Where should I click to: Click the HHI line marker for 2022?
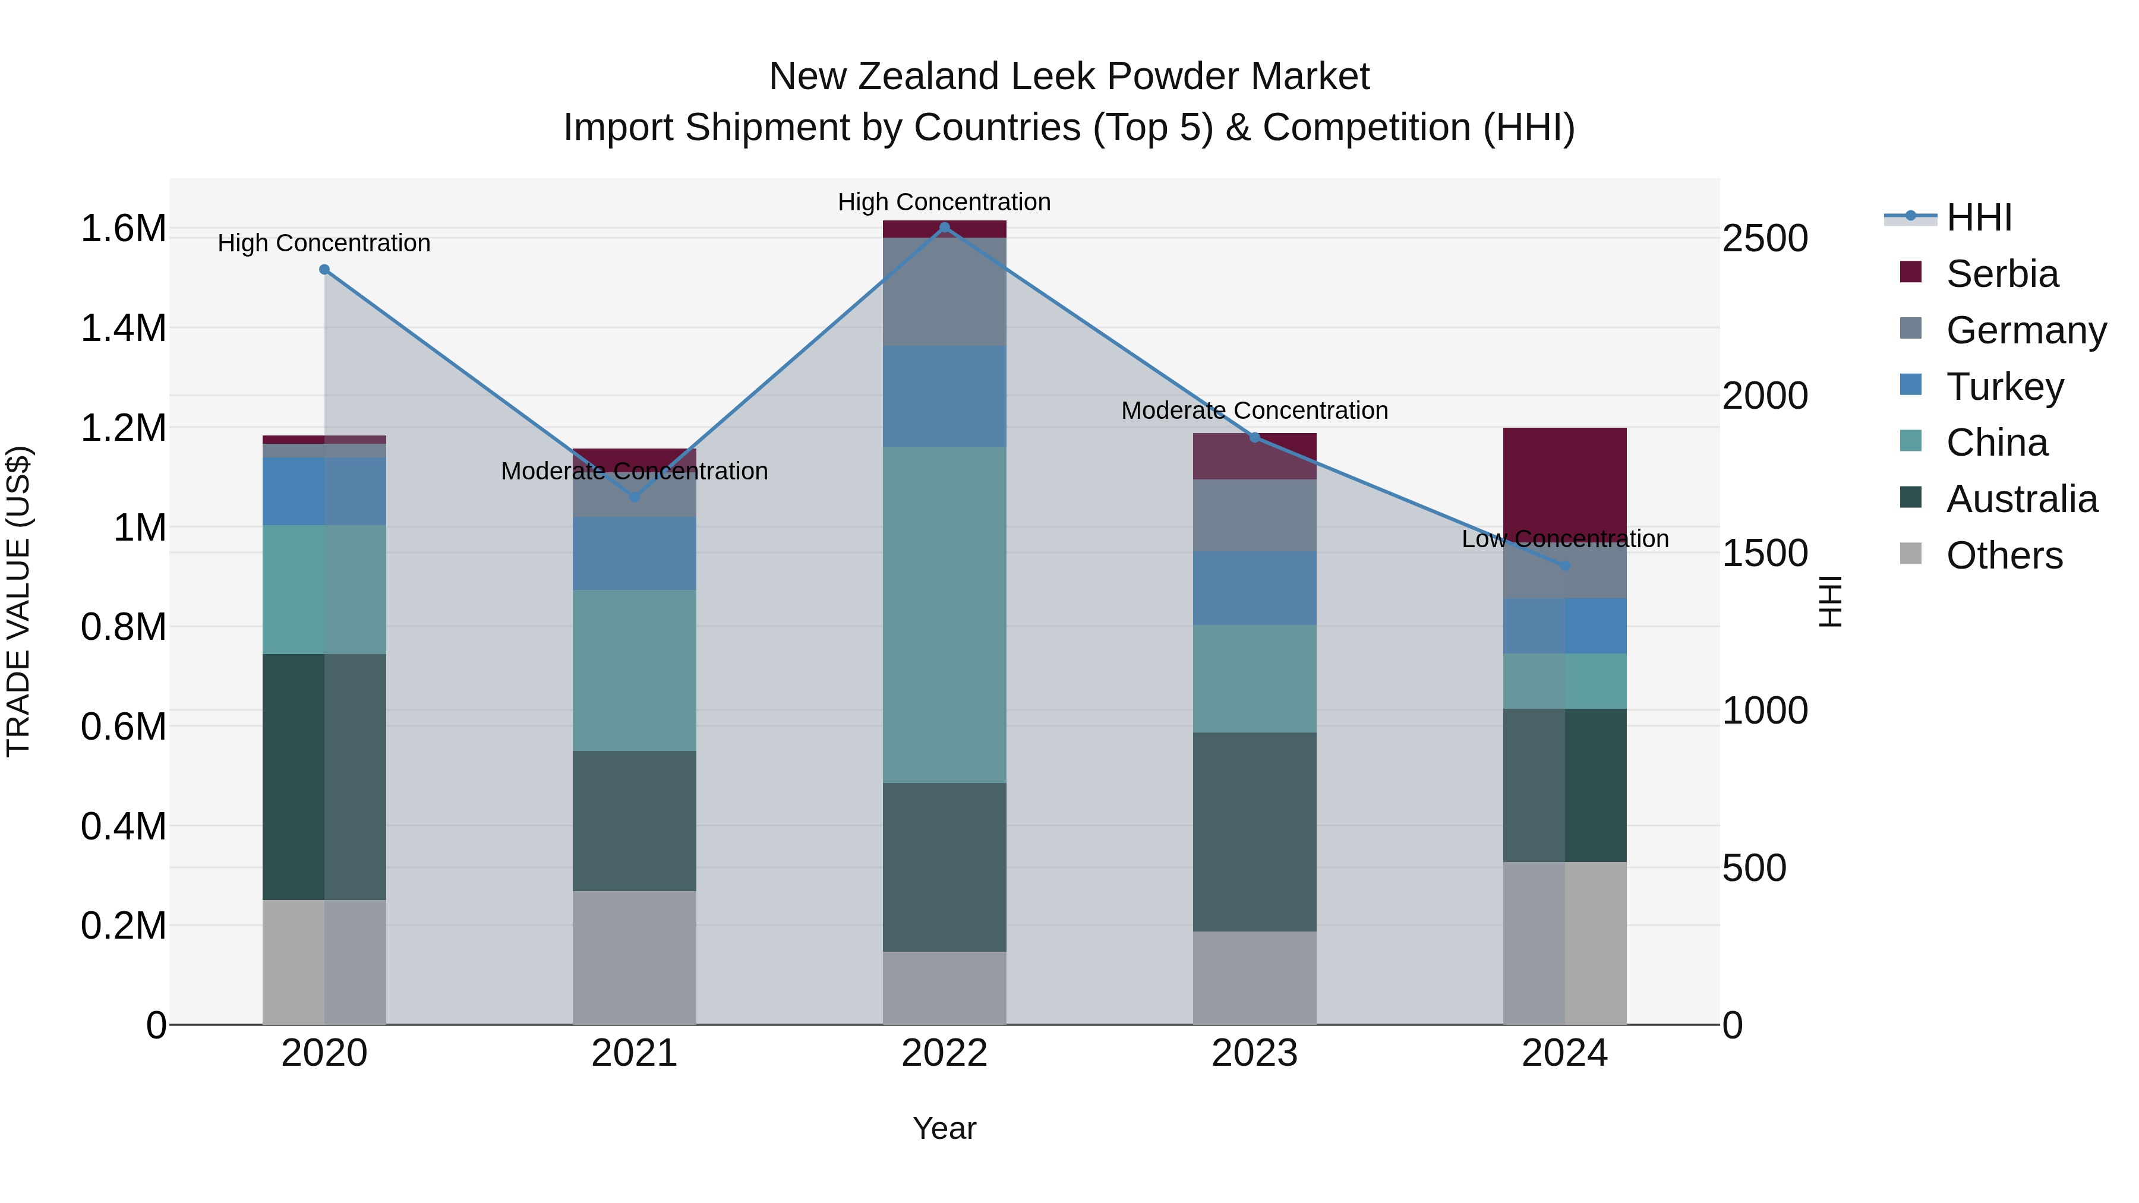[944, 228]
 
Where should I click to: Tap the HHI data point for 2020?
[324, 270]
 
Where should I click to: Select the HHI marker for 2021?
[635, 497]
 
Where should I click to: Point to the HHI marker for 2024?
[1564, 566]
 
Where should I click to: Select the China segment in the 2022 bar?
[944, 614]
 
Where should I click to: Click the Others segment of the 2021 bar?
[635, 957]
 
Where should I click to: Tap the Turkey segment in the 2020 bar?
[324, 491]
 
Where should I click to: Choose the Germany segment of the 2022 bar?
[944, 292]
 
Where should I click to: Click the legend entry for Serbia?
[2001, 274]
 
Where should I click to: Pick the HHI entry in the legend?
[1978, 217]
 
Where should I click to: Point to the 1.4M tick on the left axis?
[123, 328]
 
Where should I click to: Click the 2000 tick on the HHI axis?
[1765, 396]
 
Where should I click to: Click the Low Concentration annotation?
[1564, 539]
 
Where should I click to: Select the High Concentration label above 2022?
[944, 202]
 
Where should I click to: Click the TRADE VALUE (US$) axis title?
[18, 601]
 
